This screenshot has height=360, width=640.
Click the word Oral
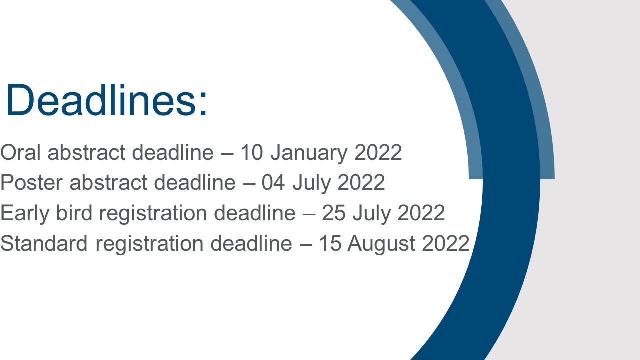click(x=20, y=152)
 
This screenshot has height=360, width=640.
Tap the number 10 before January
click(x=251, y=152)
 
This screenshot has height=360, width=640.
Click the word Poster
click(x=31, y=182)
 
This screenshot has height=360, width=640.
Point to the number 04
click(x=273, y=182)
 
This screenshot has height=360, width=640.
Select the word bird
click(x=74, y=213)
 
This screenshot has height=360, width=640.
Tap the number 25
click(x=333, y=213)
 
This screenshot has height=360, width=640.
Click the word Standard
click(x=44, y=243)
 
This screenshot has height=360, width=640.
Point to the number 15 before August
click(x=330, y=243)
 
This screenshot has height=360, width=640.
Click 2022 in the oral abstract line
click(x=378, y=152)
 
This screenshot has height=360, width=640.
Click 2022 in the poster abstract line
click(x=361, y=182)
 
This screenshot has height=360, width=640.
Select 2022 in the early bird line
click(x=421, y=213)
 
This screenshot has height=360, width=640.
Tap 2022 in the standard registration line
click(x=446, y=243)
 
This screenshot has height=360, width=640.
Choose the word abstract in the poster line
click(x=108, y=182)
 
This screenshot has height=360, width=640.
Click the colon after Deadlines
click(x=203, y=104)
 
